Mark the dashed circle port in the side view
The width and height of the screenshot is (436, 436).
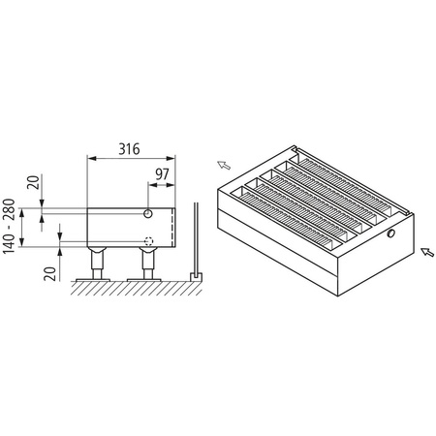(148, 241)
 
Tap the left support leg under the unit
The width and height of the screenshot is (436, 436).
(98, 262)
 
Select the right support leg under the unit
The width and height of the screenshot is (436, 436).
(149, 262)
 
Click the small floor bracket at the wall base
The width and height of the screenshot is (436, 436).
(196, 276)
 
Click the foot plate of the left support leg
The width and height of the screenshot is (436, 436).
(98, 276)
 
